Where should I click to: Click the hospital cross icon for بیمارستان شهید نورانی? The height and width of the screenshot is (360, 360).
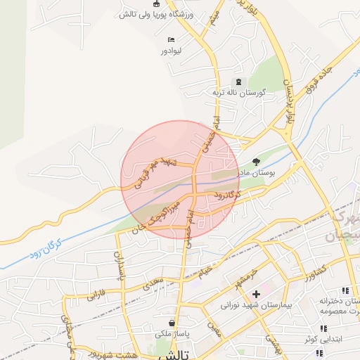tap(256, 292)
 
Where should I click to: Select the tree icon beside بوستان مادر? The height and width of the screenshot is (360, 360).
tap(255, 162)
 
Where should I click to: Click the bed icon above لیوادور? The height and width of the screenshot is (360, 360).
tap(172, 39)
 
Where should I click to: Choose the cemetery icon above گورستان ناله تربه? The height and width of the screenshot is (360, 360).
tap(236, 82)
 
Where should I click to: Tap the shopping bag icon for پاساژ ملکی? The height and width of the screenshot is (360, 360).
tap(172, 323)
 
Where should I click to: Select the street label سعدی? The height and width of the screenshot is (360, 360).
tap(152, 283)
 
